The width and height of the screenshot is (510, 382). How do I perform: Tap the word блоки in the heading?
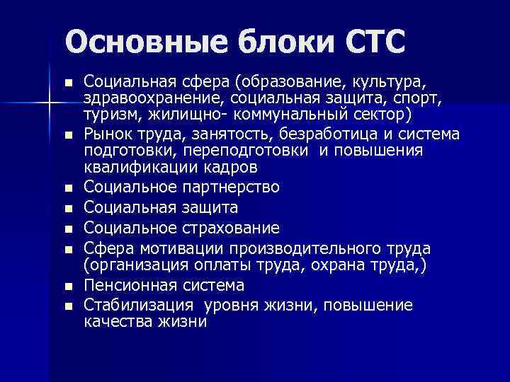coord(259,42)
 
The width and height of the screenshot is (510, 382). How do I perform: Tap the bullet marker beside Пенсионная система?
coord(68,286)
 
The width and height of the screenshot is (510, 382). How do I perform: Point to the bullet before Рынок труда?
coord(68,135)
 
